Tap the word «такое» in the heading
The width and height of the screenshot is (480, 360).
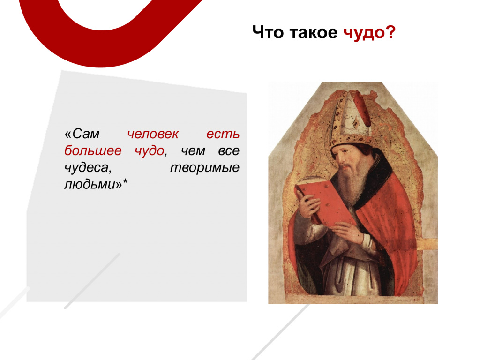click(x=313, y=32)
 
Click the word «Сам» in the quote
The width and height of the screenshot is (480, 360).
click(x=82, y=134)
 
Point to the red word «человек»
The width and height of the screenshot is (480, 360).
click(x=153, y=134)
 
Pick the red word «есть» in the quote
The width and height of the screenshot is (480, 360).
click(x=223, y=134)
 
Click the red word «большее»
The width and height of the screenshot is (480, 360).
click(x=93, y=150)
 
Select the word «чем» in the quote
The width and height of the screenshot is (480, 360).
click(x=193, y=151)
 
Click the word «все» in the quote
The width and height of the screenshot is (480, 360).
click(x=229, y=151)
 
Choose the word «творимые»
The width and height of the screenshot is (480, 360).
click(x=205, y=168)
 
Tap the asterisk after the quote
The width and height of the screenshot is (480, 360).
click(x=125, y=183)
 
